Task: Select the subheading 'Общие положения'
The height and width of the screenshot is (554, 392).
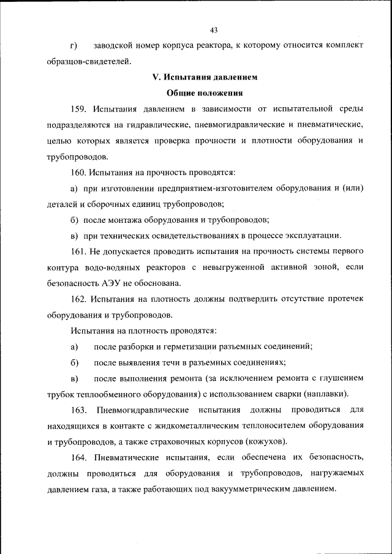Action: coord(205,94)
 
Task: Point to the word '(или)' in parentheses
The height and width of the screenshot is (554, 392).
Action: coord(353,189)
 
